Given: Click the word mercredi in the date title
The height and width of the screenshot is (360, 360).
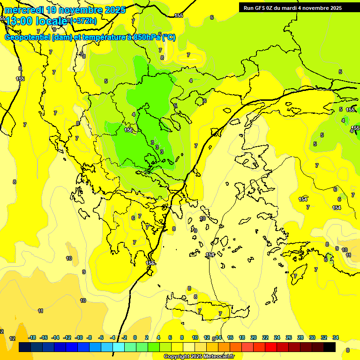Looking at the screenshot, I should coord(24,10).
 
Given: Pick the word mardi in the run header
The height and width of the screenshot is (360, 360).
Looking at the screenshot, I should coord(290,8).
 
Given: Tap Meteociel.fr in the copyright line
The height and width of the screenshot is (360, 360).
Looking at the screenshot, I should coord(217,357).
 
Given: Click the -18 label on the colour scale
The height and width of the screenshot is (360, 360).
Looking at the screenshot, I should coord(32,337).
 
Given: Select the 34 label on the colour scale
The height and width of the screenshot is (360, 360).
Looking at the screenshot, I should coord(336,337).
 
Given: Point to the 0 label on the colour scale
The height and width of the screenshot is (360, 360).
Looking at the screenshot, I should coord(135,337).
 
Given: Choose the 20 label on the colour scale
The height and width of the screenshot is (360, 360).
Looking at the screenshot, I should coord(254,337).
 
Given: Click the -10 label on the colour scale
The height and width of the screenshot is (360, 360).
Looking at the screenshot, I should coord(79,337).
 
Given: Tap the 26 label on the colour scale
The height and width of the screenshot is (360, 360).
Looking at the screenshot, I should coord(289,337).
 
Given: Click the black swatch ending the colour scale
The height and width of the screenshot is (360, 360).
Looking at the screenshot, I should coord(330,347).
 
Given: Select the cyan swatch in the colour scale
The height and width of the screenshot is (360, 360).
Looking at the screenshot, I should coord(119,347).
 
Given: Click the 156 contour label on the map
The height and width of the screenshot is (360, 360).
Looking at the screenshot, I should coord(128,130).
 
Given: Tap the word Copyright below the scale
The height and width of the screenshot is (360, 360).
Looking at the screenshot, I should coord(176,357).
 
